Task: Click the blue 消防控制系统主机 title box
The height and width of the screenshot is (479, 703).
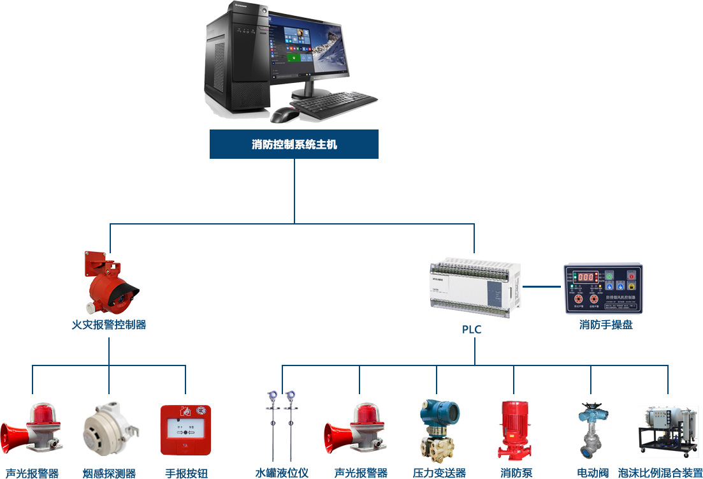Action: point(294,144)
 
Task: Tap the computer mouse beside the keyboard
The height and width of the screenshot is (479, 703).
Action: point(284,114)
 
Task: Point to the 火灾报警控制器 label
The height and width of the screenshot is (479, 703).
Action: point(109,325)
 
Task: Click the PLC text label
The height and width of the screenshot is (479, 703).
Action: point(472,330)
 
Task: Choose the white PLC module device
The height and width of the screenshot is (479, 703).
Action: point(475,287)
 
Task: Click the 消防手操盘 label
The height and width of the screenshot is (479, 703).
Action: point(605,325)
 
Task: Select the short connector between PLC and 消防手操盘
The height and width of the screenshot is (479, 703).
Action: point(542,286)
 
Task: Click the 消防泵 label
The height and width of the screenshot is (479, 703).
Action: point(516,473)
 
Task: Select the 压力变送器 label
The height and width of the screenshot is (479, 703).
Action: point(439,473)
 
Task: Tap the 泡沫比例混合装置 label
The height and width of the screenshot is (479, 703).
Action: point(660,473)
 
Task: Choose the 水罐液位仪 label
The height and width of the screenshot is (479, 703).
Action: point(282,473)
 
